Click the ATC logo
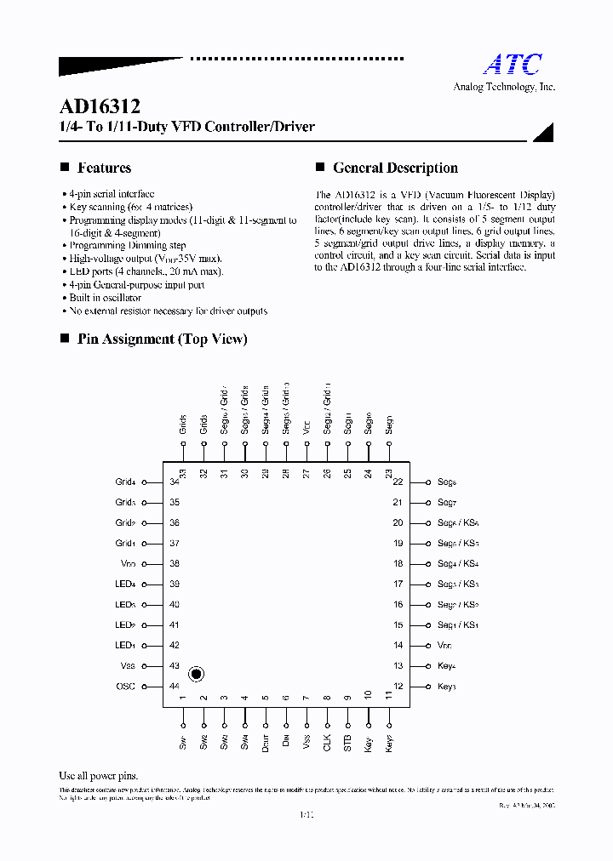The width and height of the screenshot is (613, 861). (x=513, y=65)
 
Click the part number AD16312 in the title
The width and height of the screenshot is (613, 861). (x=100, y=107)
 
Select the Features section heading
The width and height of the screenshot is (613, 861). (x=104, y=168)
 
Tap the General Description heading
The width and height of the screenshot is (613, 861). (x=395, y=168)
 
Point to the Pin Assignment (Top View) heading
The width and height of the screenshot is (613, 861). (x=162, y=339)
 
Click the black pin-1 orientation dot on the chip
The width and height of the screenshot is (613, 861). (x=196, y=674)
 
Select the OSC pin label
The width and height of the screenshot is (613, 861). (x=125, y=687)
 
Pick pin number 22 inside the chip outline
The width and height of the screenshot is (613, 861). (x=398, y=482)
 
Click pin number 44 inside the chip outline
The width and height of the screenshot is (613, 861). (x=175, y=687)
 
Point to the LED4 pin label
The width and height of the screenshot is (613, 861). (x=125, y=584)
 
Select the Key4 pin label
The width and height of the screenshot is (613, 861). (x=447, y=666)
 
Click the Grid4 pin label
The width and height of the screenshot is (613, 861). (x=125, y=482)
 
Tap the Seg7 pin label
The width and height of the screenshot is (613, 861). (x=447, y=502)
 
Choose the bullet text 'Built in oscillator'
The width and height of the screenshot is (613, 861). (x=105, y=298)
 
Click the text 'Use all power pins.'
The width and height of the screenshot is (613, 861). (x=98, y=776)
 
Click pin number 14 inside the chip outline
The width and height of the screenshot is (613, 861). (x=398, y=646)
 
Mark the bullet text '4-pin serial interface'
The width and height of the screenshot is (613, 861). (x=112, y=194)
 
